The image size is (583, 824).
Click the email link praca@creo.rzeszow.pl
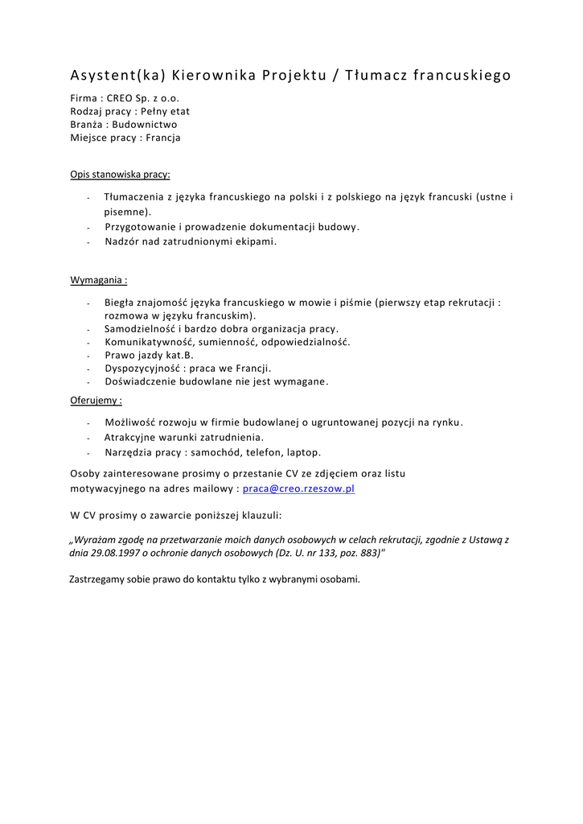click(298, 488)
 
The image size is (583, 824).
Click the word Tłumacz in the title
click(377, 76)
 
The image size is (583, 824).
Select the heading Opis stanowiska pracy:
click(120, 174)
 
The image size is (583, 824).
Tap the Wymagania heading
click(99, 280)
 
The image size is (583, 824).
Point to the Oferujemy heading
click(96, 400)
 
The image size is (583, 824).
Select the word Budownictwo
click(145, 125)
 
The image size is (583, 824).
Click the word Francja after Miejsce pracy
click(163, 138)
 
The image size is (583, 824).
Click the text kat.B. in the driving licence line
click(178, 355)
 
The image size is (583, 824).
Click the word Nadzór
click(121, 241)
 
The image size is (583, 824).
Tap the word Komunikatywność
click(150, 342)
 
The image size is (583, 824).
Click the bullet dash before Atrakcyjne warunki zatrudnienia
click(88, 438)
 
